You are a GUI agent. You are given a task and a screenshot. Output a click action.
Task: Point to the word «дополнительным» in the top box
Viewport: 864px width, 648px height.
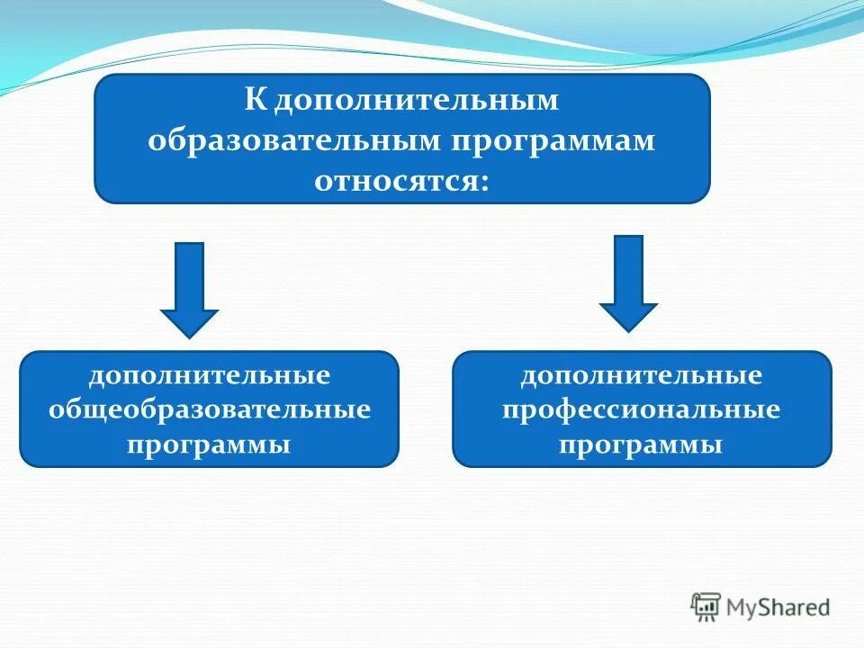[x=417, y=100]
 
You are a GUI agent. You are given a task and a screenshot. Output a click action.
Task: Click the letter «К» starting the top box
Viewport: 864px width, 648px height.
[x=256, y=100]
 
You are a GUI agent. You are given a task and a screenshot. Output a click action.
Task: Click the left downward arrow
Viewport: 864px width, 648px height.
[x=189, y=288]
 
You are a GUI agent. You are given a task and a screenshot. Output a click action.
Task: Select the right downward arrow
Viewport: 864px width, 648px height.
[x=628, y=283]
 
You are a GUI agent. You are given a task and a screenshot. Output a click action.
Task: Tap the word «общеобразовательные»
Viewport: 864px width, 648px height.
[x=209, y=409]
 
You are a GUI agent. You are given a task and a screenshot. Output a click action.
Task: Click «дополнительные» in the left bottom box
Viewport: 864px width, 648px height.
[x=209, y=374]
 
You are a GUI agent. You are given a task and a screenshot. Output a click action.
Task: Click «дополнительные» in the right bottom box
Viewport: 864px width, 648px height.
[x=642, y=375]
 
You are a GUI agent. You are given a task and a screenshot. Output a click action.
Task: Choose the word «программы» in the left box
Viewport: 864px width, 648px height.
[x=209, y=445]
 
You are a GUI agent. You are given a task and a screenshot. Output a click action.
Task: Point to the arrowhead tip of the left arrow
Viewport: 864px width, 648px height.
[x=189, y=336]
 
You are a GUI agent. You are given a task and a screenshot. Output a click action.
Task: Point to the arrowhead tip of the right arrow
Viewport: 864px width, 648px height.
[x=628, y=330]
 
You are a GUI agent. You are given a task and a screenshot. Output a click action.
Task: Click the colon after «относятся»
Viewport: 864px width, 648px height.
[x=485, y=180]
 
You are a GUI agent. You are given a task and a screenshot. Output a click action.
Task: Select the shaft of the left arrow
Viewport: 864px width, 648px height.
[x=189, y=275]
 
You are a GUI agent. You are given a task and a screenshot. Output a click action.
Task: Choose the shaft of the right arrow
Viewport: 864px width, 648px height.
[x=628, y=269]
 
